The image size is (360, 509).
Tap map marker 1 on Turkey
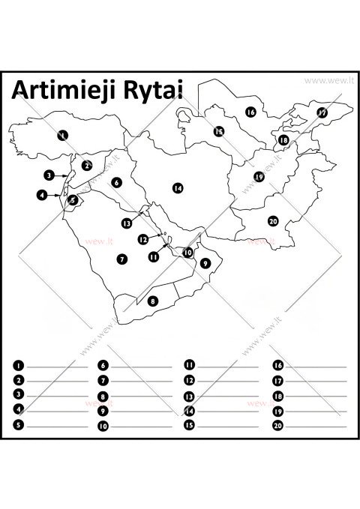[61, 136]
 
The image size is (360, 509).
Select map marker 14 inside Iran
[177, 187]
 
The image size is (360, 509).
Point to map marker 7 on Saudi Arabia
[121, 259]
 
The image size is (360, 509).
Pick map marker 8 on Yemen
[152, 301]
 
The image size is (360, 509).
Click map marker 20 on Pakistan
[272, 221]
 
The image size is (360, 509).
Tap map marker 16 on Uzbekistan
[250, 112]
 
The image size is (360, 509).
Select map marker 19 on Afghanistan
[259, 177]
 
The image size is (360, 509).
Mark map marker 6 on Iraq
[116, 182]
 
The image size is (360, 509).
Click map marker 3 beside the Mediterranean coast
[49, 175]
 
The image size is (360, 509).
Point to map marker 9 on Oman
[205, 263]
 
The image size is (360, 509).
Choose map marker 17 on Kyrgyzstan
[322, 113]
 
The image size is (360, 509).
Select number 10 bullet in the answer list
[103, 426]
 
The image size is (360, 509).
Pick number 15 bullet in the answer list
[190, 426]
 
